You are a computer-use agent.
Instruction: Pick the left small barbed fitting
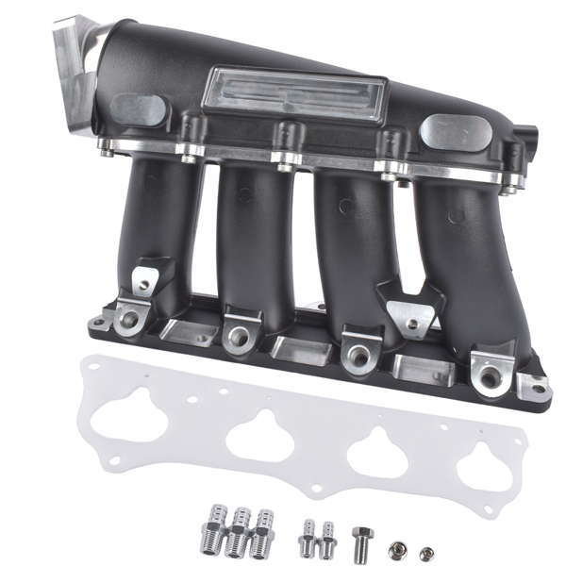pyautogui.click(x=308, y=538)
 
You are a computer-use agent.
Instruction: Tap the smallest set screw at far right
pyautogui.click(x=425, y=552)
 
